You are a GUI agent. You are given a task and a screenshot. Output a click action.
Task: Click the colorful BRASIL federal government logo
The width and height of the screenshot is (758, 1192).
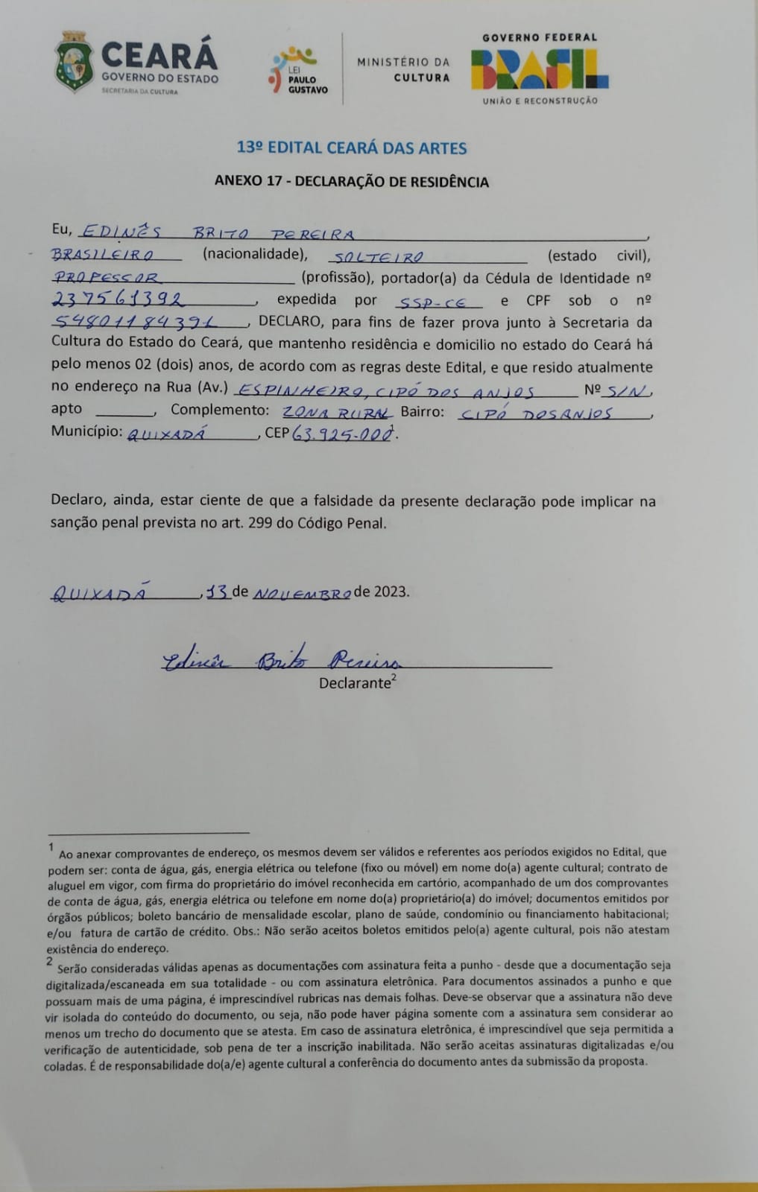(x=540, y=69)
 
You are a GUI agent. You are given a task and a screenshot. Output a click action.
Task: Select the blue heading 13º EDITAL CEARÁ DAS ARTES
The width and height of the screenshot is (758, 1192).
(x=352, y=148)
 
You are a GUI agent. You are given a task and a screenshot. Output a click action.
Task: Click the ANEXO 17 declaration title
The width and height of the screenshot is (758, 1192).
(x=352, y=182)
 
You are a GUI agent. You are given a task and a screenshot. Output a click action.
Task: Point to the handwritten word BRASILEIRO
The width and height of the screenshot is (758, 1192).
(x=103, y=255)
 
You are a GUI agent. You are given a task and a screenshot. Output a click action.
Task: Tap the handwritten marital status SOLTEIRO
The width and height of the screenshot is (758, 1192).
(x=378, y=256)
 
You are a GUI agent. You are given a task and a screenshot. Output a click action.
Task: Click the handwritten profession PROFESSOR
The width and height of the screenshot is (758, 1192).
(x=106, y=277)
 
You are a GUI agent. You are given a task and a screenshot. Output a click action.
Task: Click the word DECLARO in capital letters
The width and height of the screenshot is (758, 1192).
(x=290, y=322)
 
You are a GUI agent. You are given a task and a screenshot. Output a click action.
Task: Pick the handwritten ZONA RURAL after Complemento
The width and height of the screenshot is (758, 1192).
(x=336, y=412)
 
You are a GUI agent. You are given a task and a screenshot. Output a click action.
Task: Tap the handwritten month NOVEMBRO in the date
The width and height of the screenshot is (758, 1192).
(x=302, y=594)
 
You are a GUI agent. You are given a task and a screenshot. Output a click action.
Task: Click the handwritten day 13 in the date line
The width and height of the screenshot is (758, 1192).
(x=217, y=592)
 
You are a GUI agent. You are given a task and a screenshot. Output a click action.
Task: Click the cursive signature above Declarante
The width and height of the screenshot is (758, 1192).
(x=282, y=660)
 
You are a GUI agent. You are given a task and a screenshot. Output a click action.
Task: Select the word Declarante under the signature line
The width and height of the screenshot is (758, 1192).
(x=355, y=683)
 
